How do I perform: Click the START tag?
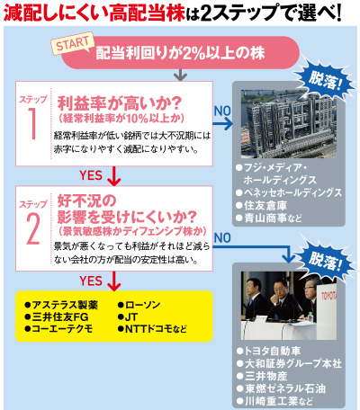(x=73, y=43)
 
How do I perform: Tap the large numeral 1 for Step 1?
(x=32, y=123)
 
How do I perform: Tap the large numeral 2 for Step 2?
(x=33, y=228)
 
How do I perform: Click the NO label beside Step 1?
(x=222, y=111)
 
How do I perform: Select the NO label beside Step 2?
(x=222, y=237)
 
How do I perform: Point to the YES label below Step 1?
(x=91, y=175)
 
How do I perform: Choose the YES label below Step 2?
(x=91, y=281)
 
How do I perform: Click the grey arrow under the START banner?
(x=180, y=75)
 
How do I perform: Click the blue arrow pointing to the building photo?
(x=223, y=123)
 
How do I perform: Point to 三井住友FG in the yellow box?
(x=57, y=316)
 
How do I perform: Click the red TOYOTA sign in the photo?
(x=328, y=296)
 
